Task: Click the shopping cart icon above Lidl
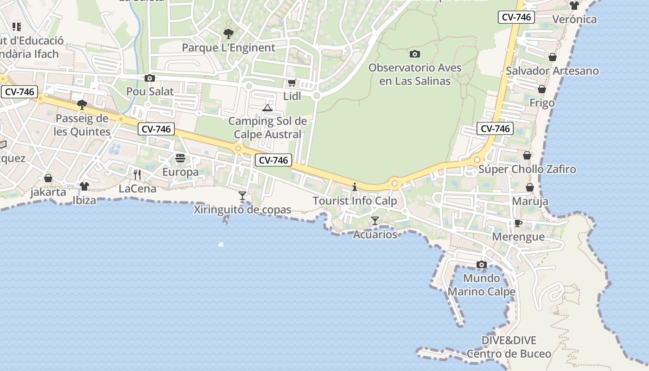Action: point(292,83)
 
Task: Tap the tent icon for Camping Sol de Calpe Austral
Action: point(267,108)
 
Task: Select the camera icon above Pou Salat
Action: point(149,78)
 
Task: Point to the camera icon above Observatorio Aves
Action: point(415,54)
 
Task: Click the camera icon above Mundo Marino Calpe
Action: point(482,264)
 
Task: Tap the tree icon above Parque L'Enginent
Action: point(228,33)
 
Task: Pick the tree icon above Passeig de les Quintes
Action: point(82,105)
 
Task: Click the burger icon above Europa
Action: point(180,159)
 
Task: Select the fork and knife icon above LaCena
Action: point(137,175)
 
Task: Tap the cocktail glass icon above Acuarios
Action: point(375,221)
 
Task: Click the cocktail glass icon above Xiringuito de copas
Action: point(242,196)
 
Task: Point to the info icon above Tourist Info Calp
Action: point(355,187)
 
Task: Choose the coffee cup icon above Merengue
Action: point(518,223)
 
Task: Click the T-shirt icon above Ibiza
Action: point(84,186)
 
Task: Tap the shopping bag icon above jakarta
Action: point(48,178)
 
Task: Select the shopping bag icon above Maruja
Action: point(530,187)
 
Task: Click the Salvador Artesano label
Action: point(552,71)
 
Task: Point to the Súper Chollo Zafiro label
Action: point(527,169)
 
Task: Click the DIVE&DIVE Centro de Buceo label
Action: point(509,347)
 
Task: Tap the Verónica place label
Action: point(575,19)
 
